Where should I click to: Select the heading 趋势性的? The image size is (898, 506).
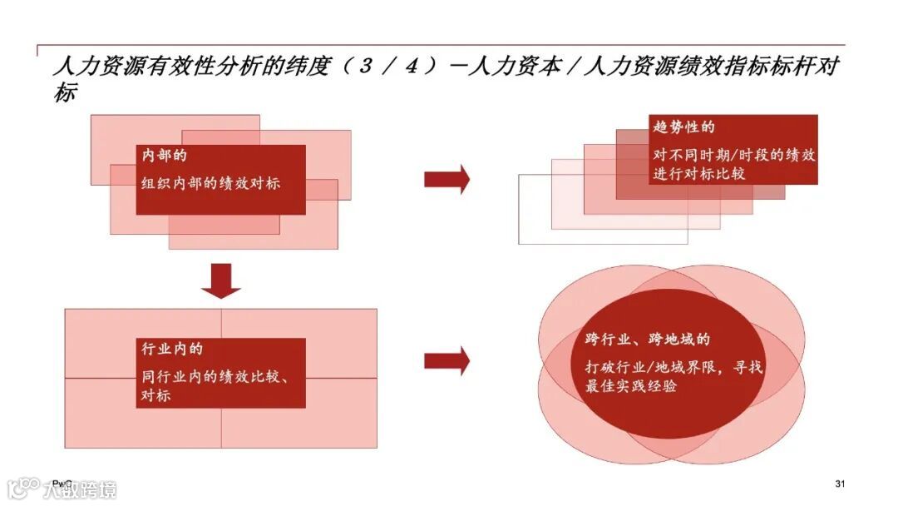(684, 127)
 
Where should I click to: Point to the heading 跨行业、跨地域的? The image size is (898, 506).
(648, 340)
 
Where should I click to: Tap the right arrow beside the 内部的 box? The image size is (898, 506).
(447, 179)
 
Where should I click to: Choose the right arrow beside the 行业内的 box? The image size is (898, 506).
(447, 360)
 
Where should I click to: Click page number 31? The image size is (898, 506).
(840, 484)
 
